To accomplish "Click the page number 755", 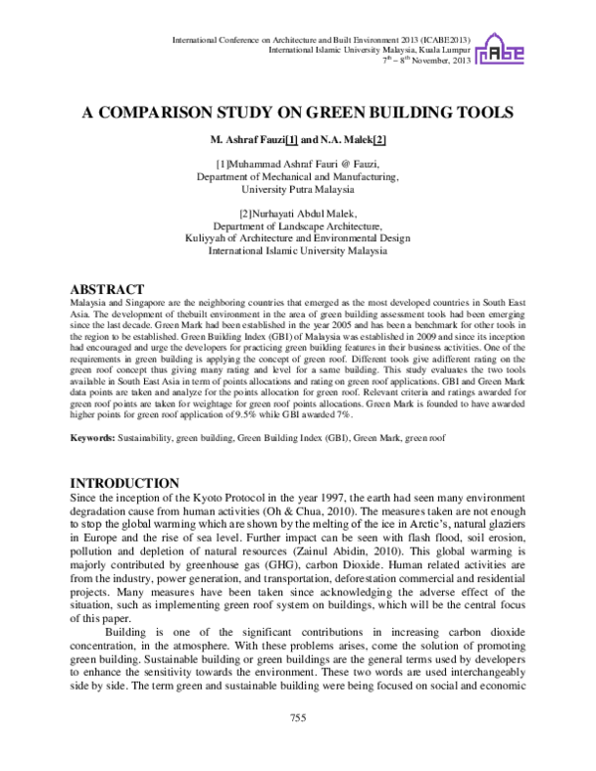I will click(x=297, y=718).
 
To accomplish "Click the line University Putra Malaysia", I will click(x=297, y=189).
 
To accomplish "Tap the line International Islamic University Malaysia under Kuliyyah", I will click(x=297, y=251).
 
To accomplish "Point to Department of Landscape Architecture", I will click(x=297, y=226).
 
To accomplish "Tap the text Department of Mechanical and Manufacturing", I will click(x=297, y=176).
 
